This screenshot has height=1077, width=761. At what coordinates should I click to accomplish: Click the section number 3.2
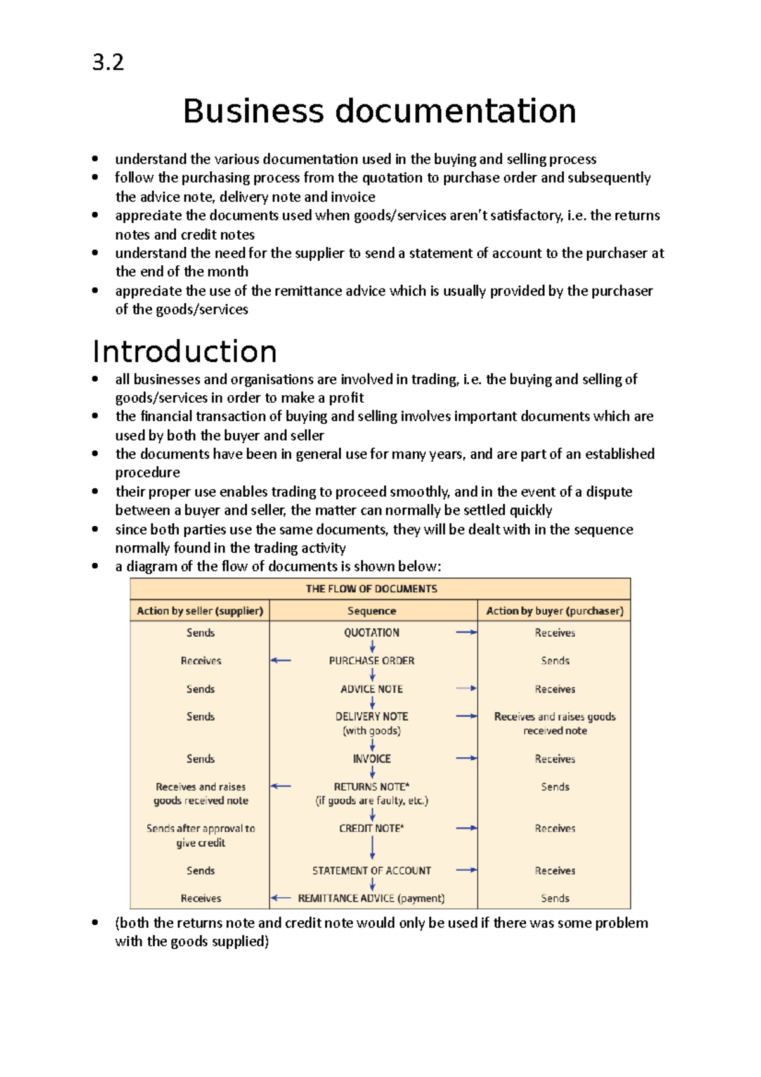click(x=108, y=63)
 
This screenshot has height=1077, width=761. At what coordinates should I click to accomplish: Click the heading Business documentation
click(x=379, y=111)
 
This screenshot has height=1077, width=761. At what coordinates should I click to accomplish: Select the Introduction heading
click(x=185, y=351)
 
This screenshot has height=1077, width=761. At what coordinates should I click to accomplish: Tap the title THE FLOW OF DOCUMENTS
click(x=372, y=589)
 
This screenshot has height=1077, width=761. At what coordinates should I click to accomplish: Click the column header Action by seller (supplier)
click(x=200, y=611)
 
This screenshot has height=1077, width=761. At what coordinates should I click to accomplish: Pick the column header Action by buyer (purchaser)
click(x=554, y=611)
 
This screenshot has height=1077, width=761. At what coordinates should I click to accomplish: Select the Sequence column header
click(x=372, y=611)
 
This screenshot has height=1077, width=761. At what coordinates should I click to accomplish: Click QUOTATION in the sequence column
click(x=372, y=632)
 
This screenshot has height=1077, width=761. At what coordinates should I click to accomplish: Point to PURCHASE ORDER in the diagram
click(x=372, y=660)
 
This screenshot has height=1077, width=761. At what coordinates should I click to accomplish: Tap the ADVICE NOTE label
click(x=372, y=689)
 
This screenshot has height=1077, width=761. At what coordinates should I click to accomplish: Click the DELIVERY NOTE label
click(x=372, y=716)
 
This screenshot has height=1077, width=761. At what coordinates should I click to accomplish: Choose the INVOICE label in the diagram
click(x=372, y=759)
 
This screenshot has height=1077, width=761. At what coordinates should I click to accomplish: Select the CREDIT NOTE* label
click(x=372, y=828)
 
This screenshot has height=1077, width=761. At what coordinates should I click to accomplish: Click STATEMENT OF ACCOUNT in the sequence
click(x=372, y=871)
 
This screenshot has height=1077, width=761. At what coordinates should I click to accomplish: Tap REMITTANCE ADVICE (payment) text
click(x=371, y=898)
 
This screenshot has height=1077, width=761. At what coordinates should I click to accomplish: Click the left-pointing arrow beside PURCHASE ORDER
click(x=280, y=660)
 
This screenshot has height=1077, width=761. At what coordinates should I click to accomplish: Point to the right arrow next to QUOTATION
click(x=466, y=632)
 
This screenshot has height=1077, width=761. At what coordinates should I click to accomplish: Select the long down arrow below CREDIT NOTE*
click(x=372, y=847)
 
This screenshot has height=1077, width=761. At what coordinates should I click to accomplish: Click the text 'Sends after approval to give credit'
click(x=200, y=835)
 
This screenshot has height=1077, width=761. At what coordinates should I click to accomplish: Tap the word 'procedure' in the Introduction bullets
click(x=147, y=473)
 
